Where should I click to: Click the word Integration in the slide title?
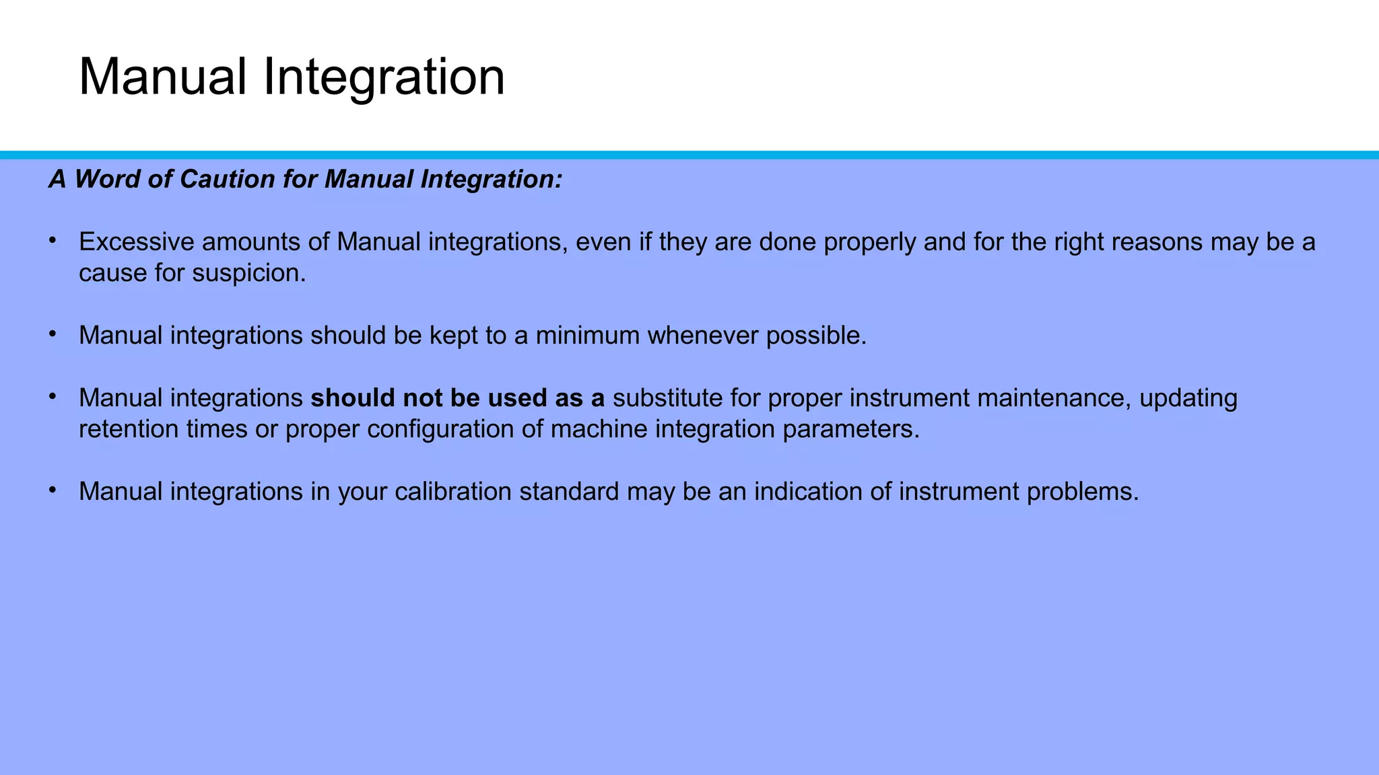point(384,77)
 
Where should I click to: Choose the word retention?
point(129,429)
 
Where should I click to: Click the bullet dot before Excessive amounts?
point(52,240)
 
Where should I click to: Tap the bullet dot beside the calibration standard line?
point(52,490)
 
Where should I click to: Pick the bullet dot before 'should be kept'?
point(52,334)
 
